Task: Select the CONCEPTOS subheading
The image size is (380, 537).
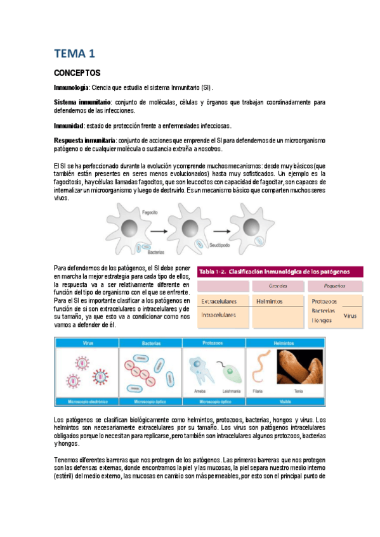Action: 78,73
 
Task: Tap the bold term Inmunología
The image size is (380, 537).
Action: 72,87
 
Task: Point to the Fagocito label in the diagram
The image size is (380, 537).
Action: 150,214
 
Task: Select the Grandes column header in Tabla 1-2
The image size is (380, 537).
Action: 278,286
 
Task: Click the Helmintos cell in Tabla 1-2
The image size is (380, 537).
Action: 269,301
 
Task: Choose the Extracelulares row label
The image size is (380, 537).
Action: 219,301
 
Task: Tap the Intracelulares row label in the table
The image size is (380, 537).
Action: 219,314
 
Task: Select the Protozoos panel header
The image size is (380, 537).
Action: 213,343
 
